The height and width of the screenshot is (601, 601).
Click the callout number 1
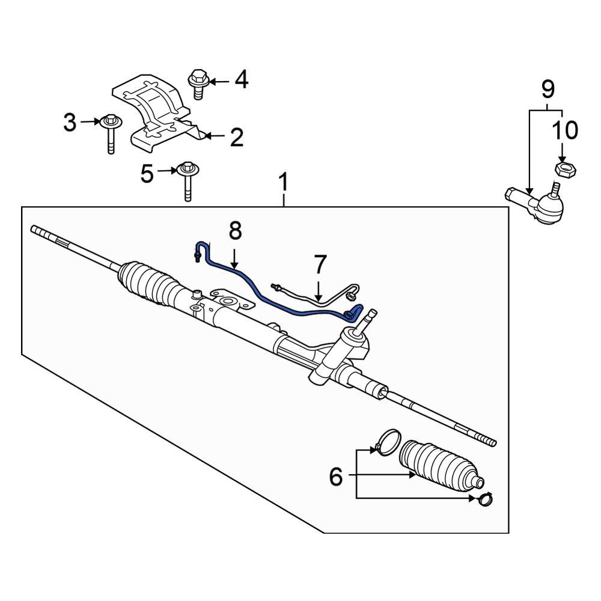284,182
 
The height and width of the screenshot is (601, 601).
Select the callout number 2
236,138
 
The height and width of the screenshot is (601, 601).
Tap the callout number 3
70,123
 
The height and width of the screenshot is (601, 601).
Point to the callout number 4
241,80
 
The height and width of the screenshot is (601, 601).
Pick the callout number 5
147,174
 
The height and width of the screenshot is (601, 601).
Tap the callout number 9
547,90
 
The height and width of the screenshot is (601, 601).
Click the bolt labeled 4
198,84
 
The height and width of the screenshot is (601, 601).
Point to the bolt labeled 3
110,132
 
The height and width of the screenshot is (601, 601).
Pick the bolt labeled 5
188,180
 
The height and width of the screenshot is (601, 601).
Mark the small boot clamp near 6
485,498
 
